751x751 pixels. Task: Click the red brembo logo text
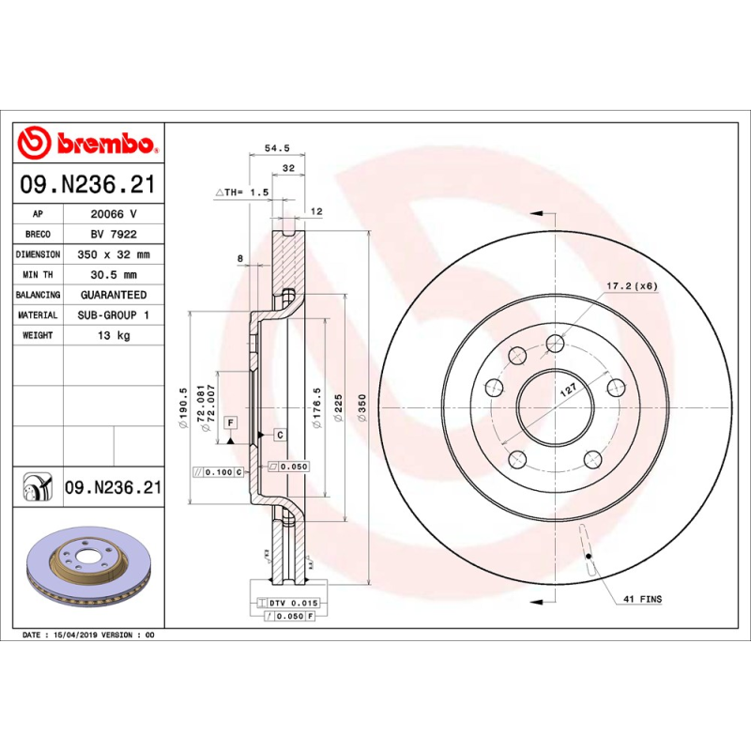tap(103, 144)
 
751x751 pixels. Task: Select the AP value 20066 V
tap(113, 214)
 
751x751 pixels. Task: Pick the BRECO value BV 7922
tap(113, 235)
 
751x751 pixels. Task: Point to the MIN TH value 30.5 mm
tap(113, 275)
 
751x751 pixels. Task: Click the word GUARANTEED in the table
tap(112, 295)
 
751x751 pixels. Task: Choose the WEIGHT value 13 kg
tap(113, 335)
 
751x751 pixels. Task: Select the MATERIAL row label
tap(38, 315)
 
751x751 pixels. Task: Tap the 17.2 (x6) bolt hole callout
tap(631, 285)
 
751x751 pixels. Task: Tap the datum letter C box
tap(280, 435)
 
